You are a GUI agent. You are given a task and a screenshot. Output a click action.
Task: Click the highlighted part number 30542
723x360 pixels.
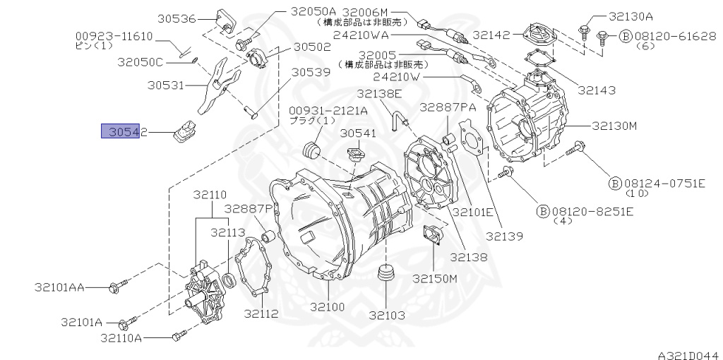click(x=124, y=132)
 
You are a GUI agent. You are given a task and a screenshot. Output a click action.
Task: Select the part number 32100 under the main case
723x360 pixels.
click(x=327, y=307)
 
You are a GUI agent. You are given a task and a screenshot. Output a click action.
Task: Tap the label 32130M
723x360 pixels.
click(x=614, y=126)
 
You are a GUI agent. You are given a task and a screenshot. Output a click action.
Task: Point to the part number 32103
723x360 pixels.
click(x=387, y=316)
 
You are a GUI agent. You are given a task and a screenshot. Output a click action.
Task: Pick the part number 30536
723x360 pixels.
click(x=177, y=19)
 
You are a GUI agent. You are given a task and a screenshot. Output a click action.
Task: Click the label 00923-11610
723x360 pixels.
click(x=114, y=37)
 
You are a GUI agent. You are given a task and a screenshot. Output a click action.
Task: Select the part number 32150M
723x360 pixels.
click(x=435, y=278)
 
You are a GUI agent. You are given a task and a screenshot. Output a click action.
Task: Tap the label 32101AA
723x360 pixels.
click(x=59, y=287)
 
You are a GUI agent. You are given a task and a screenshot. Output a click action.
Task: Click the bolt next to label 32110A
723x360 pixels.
click(x=179, y=335)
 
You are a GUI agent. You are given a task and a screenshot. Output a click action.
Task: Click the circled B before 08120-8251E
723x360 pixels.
click(x=543, y=212)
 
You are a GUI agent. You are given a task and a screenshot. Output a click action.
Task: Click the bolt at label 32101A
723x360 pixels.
click(x=129, y=321)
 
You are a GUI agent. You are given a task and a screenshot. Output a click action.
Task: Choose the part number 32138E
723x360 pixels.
click(x=379, y=94)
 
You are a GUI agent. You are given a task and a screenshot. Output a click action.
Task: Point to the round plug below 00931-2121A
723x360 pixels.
click(x=310, y=150)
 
